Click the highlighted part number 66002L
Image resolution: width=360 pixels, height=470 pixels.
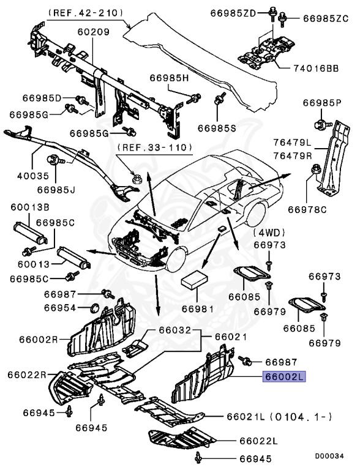(283, 377)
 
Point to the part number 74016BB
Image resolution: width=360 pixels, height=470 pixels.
(315, 69)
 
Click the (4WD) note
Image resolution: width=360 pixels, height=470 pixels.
(271, 233)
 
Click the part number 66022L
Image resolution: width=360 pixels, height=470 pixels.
(258, 440)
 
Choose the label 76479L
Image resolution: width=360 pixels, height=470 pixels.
(293, 143)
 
